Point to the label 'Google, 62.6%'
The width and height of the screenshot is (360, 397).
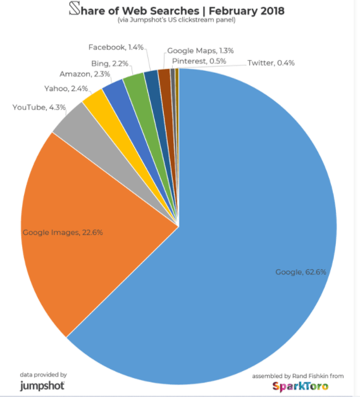(x=301, y=272)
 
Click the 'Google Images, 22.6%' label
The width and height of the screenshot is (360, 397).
(x=63, y=232)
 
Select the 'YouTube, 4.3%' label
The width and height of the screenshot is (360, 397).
(x=39, y=108)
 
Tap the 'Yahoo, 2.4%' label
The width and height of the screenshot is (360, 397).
(x=66, y=89)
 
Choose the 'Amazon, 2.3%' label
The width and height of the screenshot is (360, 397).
(x=85, y=74)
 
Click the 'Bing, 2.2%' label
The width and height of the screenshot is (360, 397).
(x=110, y=63)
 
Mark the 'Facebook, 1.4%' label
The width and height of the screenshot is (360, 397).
(x=116, y=47)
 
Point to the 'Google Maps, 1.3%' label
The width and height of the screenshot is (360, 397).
(x=201, y=51)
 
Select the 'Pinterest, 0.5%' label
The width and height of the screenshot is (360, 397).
(x=199, y=61)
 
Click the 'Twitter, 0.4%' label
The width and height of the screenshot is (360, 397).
(x=271, y=63)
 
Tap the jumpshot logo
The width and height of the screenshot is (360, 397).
(x=42, y=386)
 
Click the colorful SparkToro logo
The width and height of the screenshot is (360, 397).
(x=301, y=387)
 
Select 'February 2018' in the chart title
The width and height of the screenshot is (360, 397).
(x=247, y=11)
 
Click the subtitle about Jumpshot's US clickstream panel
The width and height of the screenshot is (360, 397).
(x=177, y=20)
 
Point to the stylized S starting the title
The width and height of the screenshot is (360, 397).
(x=75, y=8)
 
